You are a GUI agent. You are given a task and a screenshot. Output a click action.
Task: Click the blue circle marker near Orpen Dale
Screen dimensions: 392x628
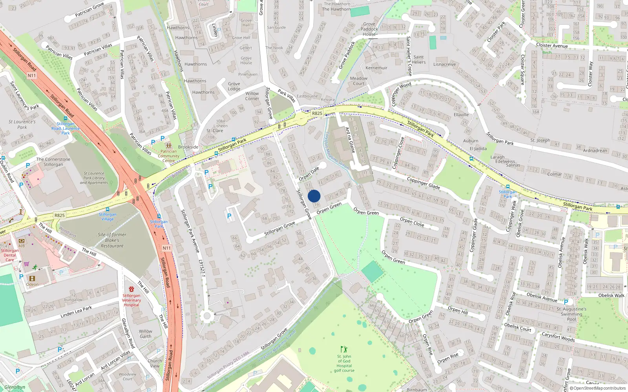coord(314,196)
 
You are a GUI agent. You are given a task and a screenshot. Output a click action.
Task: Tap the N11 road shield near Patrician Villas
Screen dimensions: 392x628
coord(32,75)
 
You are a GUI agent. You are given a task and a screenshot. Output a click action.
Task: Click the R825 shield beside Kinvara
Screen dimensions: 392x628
coord(317,113)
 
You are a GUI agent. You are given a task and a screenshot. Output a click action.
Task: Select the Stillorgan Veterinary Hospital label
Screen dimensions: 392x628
coord(131,300)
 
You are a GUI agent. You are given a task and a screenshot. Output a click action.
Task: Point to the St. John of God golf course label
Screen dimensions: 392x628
coord(344,363)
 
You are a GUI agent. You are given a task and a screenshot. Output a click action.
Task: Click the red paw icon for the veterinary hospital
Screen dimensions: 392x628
coord(131,289)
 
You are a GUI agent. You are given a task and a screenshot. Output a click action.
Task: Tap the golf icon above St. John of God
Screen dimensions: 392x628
coord(344,349)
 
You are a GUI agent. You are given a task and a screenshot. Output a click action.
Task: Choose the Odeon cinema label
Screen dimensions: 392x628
coord(32,285)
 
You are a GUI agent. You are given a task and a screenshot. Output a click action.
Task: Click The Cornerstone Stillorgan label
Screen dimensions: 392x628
coord(53,162)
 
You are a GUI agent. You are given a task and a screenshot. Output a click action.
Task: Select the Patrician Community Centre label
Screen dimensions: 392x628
coord(169,156)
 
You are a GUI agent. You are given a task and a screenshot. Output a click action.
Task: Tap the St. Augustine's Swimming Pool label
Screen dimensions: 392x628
coord(571,314)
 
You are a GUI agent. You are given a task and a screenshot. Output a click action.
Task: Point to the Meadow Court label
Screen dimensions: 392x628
coord(359,81)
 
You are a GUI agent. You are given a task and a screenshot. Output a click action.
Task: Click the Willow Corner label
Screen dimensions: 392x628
coord(252,96)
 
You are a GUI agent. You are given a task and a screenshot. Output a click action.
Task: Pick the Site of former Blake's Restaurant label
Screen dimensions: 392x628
coord(112,240)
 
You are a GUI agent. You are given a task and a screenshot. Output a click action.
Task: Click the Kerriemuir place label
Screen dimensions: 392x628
coord(376,68)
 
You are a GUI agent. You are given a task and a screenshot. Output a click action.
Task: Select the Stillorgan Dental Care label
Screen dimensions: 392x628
coord(10,255)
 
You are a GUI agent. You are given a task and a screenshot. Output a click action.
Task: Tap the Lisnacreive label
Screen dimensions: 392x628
coord(445,64)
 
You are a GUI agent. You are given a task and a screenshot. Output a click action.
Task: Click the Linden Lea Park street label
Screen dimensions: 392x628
coord(76,312)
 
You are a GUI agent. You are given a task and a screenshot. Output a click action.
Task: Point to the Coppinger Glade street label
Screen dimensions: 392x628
coord(423,183)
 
